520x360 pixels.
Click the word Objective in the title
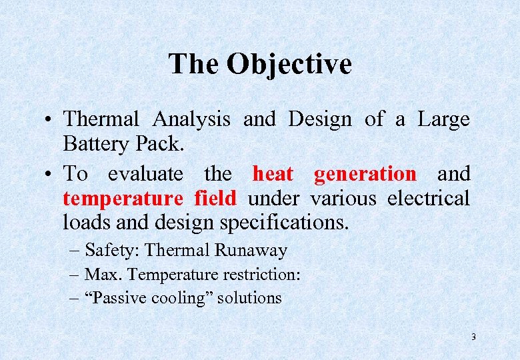(x=289, y=65)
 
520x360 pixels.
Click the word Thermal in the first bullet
(x=101, y=119)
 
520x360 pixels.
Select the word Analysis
(x=191, y=119)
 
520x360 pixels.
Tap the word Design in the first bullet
(x=319, y=119)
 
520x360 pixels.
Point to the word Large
(x=443, y=119)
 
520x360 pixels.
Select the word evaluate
(x=145, y=174)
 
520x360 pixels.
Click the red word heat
(x=273, y=174)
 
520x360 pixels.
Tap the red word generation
(x=365, y=174)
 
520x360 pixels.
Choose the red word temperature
(x=123, y=198)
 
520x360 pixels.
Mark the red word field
(x=215, y=198)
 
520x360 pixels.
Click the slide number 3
(x=473, y=337)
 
